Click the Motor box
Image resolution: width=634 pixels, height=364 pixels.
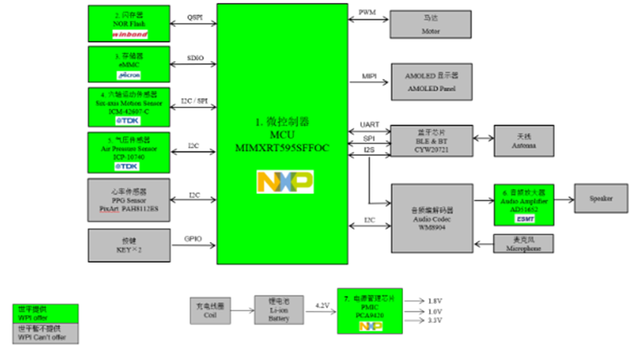431,24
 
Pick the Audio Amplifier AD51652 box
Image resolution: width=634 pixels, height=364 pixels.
524,204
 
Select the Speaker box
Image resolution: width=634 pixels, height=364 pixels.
600,199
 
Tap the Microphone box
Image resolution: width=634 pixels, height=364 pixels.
524,243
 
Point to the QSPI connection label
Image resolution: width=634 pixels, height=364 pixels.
195,16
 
